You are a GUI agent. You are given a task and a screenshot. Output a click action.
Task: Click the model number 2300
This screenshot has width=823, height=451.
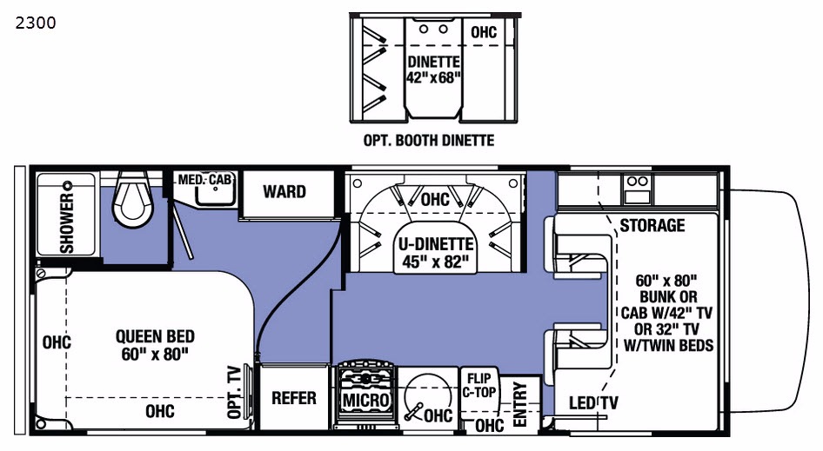[35, 23]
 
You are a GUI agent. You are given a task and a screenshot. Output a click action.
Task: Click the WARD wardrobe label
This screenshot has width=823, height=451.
[284, 190]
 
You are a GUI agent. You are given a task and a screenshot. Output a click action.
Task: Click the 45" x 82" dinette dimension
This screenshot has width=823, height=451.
[435, 261]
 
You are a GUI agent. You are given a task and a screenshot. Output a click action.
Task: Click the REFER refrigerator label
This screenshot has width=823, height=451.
[293, 398]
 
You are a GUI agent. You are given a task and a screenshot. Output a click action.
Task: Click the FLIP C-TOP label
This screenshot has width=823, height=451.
[479, 385]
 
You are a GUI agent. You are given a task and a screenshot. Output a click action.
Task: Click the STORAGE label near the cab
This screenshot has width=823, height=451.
[652, 226]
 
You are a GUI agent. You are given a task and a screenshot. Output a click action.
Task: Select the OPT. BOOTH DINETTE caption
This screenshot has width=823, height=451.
[428, 141]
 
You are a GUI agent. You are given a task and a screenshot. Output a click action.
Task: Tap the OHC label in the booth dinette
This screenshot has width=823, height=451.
[484, 32]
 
